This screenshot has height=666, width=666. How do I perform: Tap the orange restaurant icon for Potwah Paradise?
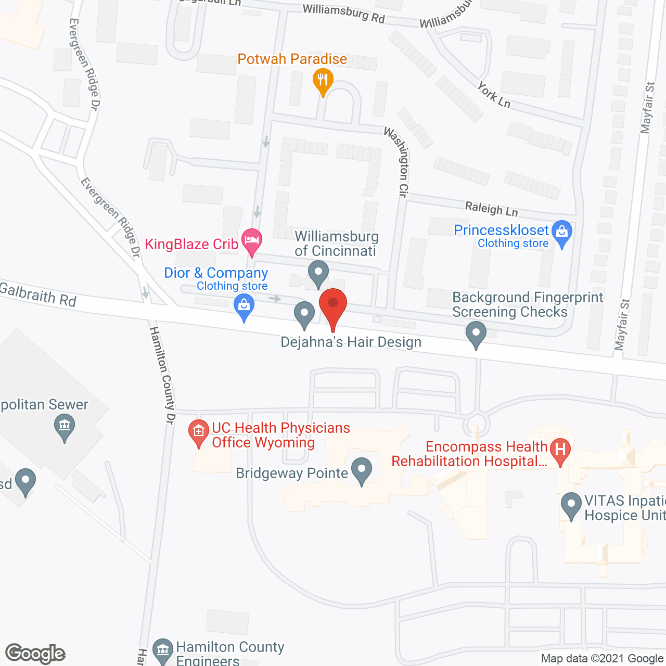pyautogui.click(x=323, y=81)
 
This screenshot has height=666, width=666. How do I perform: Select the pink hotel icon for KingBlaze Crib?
pyautogui.click(x=252, y=241)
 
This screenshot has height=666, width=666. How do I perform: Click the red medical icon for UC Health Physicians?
pyautogui.click(x=198, y=432)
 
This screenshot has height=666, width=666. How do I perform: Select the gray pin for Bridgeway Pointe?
pyautogui.click(x=362, y=470)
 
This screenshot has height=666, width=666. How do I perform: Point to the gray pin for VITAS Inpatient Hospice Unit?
pyautogui.click(x=572, y=505)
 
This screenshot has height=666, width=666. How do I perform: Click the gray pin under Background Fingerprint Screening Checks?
pyautogui.click(x=476, y=333)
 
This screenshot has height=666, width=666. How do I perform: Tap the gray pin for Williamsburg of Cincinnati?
pyautogui.click(x=318, y=272)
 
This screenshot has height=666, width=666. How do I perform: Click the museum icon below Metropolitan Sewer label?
pyautogui.click(x=65, y=427)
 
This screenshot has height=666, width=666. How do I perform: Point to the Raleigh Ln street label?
pyautogui.click(x=491, y=209)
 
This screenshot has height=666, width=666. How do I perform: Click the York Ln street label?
pyautogui.click(x=494, y=96)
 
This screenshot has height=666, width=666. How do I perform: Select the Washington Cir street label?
pyautogui.click(x=396, y=162)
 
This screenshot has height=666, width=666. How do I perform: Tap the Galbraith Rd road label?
pyautogui.click(x=38, y=295)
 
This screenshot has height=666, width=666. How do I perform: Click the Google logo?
pyautogui.click(x=35, y=654)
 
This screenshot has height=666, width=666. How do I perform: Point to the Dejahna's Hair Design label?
pyautogui.click(x=351, y=342)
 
